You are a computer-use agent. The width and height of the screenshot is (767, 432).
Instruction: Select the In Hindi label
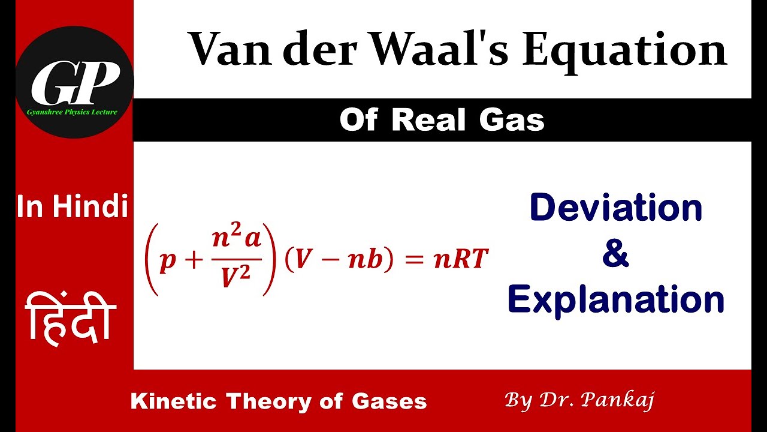pyautogui.click(x=73, y=208)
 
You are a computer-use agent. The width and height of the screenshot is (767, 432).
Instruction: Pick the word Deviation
pyautogui.click(x=616, y=208)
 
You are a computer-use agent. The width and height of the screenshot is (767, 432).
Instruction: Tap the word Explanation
pyautogui.click(x=616, y=300)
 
